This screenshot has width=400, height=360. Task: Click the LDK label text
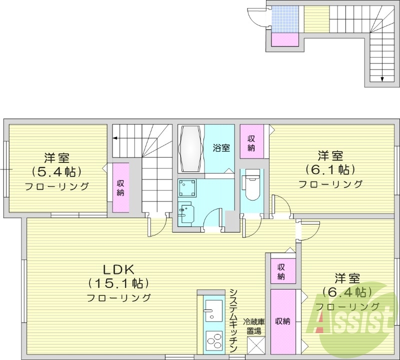[x=119, y=269]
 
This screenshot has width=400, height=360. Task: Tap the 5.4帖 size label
[x=56, y=172]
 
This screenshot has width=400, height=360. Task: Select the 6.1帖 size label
[x=330, y=169]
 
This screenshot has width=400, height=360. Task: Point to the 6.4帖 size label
[x=346, y=291]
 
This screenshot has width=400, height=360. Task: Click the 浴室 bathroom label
[x=221, y=148]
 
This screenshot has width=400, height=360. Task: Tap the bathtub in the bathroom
[x=190, y=148]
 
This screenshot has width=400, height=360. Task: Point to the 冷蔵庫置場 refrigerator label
[x=254, y=325]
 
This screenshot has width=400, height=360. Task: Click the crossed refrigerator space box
[x=255, y=346]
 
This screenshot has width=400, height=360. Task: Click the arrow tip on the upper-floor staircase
[x=382, y=78]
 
